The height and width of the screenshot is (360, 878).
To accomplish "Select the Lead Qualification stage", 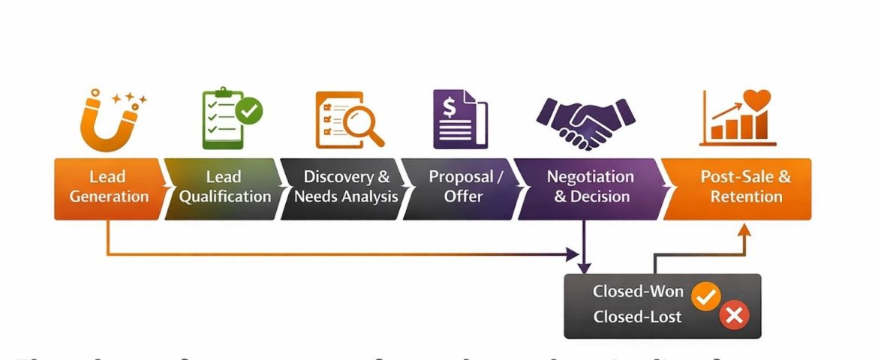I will pos(224,187).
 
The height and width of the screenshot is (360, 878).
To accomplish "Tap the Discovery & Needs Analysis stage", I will pos(346,187).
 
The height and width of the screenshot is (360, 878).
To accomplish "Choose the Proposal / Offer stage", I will pos(465,187).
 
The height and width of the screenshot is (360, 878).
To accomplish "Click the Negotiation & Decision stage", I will pos(590,187).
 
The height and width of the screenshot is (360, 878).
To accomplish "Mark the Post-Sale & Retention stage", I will pos(745,187).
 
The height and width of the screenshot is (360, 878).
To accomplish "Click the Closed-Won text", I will pos(638,292).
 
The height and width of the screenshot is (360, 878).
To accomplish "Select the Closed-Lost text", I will pos(637,316).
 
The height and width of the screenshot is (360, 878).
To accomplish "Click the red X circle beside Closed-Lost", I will pos(733,316).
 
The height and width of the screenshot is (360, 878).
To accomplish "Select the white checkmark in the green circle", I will pos(249,112).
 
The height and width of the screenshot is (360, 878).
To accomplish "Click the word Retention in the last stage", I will pos(746,197).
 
